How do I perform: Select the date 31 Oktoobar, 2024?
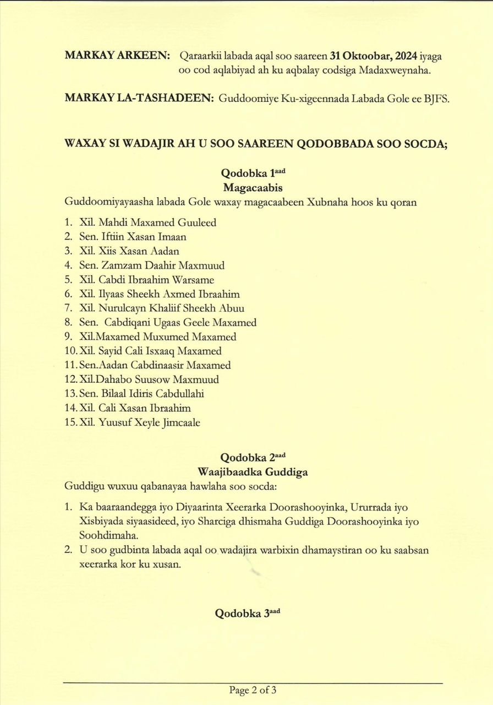coord(373,56)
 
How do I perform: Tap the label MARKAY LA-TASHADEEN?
coord(139,98)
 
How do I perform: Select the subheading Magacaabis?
coord(253,188)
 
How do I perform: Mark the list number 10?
coord(70,351)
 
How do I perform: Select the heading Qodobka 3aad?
coord(247,614)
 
